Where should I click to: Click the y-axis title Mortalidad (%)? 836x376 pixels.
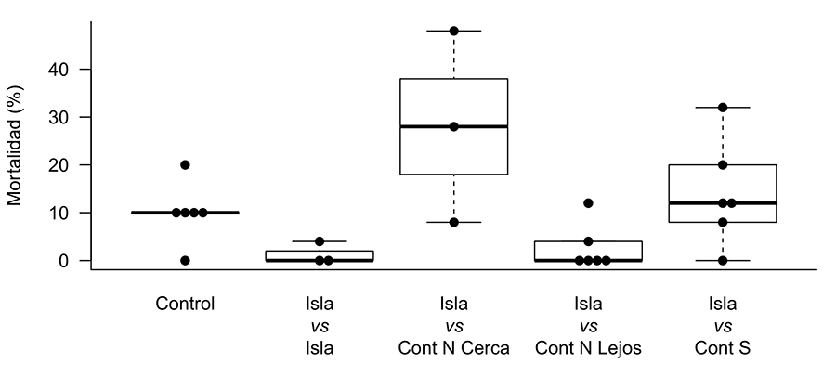point(16,146)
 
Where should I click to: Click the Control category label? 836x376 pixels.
point(185,303)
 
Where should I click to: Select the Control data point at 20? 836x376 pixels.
point(185,165)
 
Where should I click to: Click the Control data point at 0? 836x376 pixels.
point(185,261)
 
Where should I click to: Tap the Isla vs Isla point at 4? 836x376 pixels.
point(320,241)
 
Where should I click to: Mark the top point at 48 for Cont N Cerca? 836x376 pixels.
point(454,31)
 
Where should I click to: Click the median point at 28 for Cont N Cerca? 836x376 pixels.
point(454,126)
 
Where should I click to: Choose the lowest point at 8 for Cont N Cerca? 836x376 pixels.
point(454,222)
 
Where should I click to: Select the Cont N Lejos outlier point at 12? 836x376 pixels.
point(588,203)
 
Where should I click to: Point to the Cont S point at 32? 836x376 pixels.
point(723,108)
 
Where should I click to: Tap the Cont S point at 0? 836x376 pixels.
point(723,261)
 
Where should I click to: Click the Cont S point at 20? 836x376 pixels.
point(723,165)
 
